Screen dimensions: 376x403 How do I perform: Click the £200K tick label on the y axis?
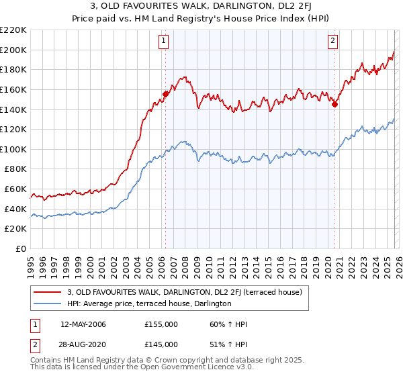point(13,50)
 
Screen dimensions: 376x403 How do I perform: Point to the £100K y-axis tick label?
point(13,149)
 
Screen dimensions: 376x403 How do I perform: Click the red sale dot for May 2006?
point(165,94)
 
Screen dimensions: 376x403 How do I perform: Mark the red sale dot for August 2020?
point(334,104)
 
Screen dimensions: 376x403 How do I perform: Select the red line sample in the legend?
point(48,292)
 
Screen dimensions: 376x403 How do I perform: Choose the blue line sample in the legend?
point(48,303)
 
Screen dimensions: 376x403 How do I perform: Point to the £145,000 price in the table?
point(161,344)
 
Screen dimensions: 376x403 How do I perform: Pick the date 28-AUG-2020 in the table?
point(83,344)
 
